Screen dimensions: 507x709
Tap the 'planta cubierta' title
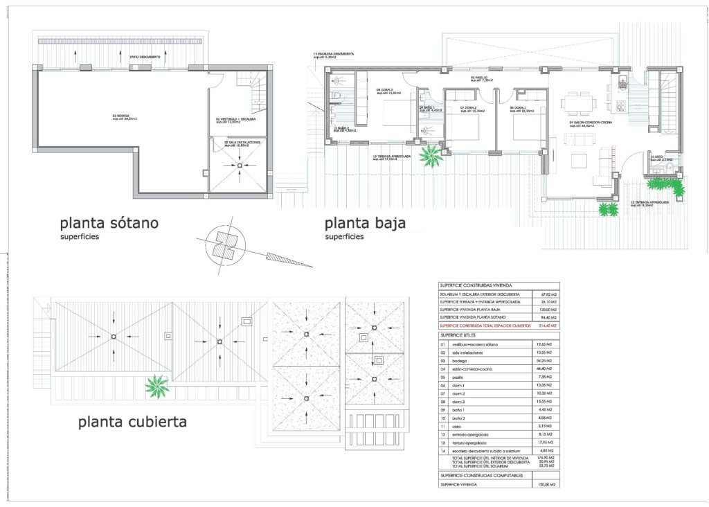(x=132, y=421)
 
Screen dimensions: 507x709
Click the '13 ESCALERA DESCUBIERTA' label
(x=335, y=53)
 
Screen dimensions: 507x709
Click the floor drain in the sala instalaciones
(x=239, y=165)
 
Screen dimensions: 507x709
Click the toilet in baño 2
(x=336, y=96)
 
